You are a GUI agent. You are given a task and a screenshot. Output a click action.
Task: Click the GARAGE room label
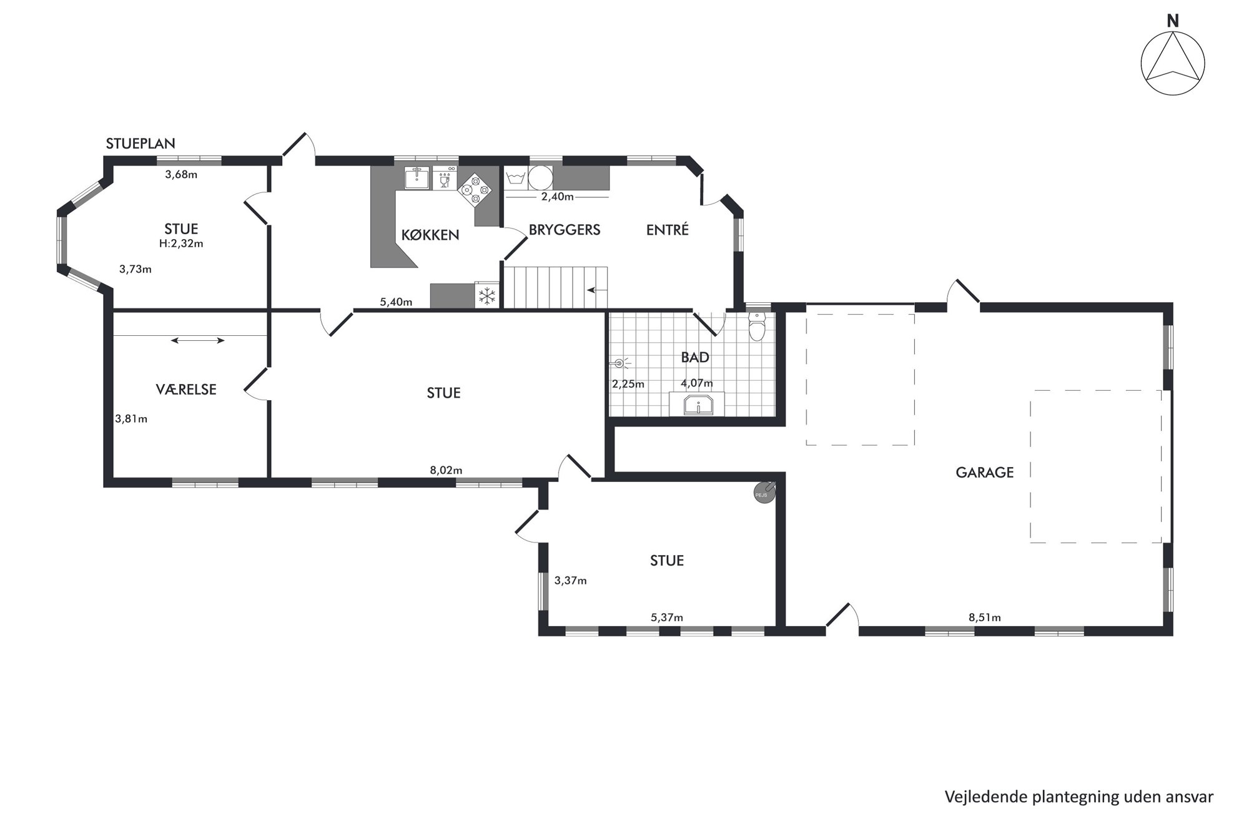point(984,473)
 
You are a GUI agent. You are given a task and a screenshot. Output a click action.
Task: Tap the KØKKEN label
point(430,235)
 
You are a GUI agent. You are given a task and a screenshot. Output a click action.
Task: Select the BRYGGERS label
point(565,230)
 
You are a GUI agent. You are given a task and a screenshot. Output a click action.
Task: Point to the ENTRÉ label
point(667,230)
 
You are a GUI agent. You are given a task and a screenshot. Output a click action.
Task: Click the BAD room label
point(695,358)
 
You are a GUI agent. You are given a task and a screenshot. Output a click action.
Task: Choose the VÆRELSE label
point(186,390)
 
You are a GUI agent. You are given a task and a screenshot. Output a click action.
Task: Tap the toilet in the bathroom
point(757,325)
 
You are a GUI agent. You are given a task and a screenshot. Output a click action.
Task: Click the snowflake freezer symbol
point(486,296)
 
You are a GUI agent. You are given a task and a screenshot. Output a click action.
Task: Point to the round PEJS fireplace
point(764,492)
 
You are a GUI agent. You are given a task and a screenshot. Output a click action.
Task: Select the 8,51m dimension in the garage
point(984,617)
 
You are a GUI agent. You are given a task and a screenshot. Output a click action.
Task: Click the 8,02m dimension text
point(446,470)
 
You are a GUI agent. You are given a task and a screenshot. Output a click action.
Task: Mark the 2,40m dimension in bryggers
point(557,197)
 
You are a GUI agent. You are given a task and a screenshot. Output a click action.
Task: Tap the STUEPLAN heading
point(140,144)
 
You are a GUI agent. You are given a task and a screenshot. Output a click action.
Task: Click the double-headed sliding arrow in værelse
point(198,340)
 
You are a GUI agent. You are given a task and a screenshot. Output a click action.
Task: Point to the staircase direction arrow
point(596,290)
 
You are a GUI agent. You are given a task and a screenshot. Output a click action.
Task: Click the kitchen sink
point(417,178)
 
